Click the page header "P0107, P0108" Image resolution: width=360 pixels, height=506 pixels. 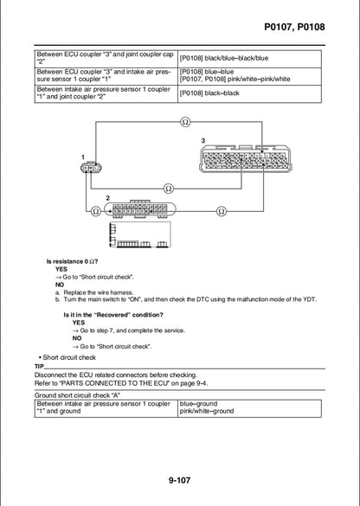click(x=294, y=28)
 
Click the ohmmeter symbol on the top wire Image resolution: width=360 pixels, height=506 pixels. click(x=184, y=123)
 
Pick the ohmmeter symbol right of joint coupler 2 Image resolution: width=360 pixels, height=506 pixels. click(x=222, y=210)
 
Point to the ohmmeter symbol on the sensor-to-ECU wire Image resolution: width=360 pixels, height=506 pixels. click(x=168, y=187)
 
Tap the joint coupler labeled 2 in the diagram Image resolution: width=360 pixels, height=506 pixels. click(x=142, y=210)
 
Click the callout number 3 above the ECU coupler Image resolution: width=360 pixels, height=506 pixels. click(x=202, y=140)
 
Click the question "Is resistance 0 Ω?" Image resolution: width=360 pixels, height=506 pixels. click(x=72, y=261)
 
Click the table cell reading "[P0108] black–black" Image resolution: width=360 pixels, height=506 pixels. click(x=209, y=93)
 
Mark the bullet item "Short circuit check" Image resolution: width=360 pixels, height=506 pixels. click(x=67, y=357)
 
